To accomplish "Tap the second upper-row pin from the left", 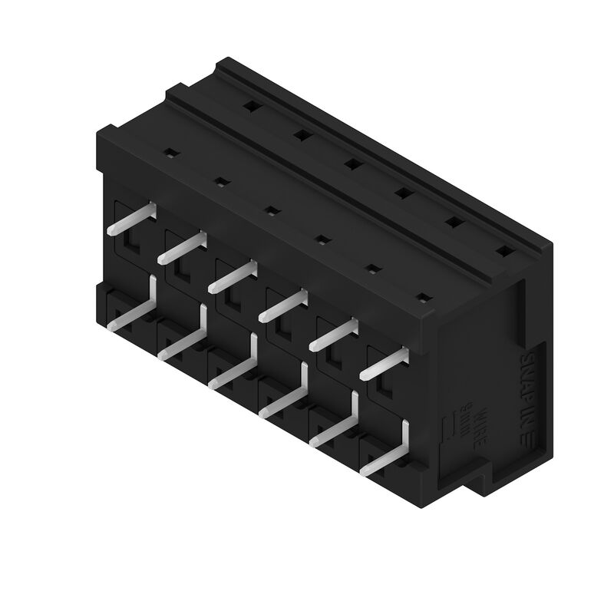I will click(x=183, y=246).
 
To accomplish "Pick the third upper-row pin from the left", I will click(x=233, y=276).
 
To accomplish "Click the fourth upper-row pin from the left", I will click(x=282, y=305).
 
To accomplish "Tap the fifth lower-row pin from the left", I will click(x=338, y=427).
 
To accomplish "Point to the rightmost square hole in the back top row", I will click(x=503, y=250).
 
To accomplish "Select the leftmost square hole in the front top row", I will click(x=171, y=151).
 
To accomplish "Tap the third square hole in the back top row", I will click(x=351, y=163).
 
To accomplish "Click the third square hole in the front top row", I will click(x=270, y=210).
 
